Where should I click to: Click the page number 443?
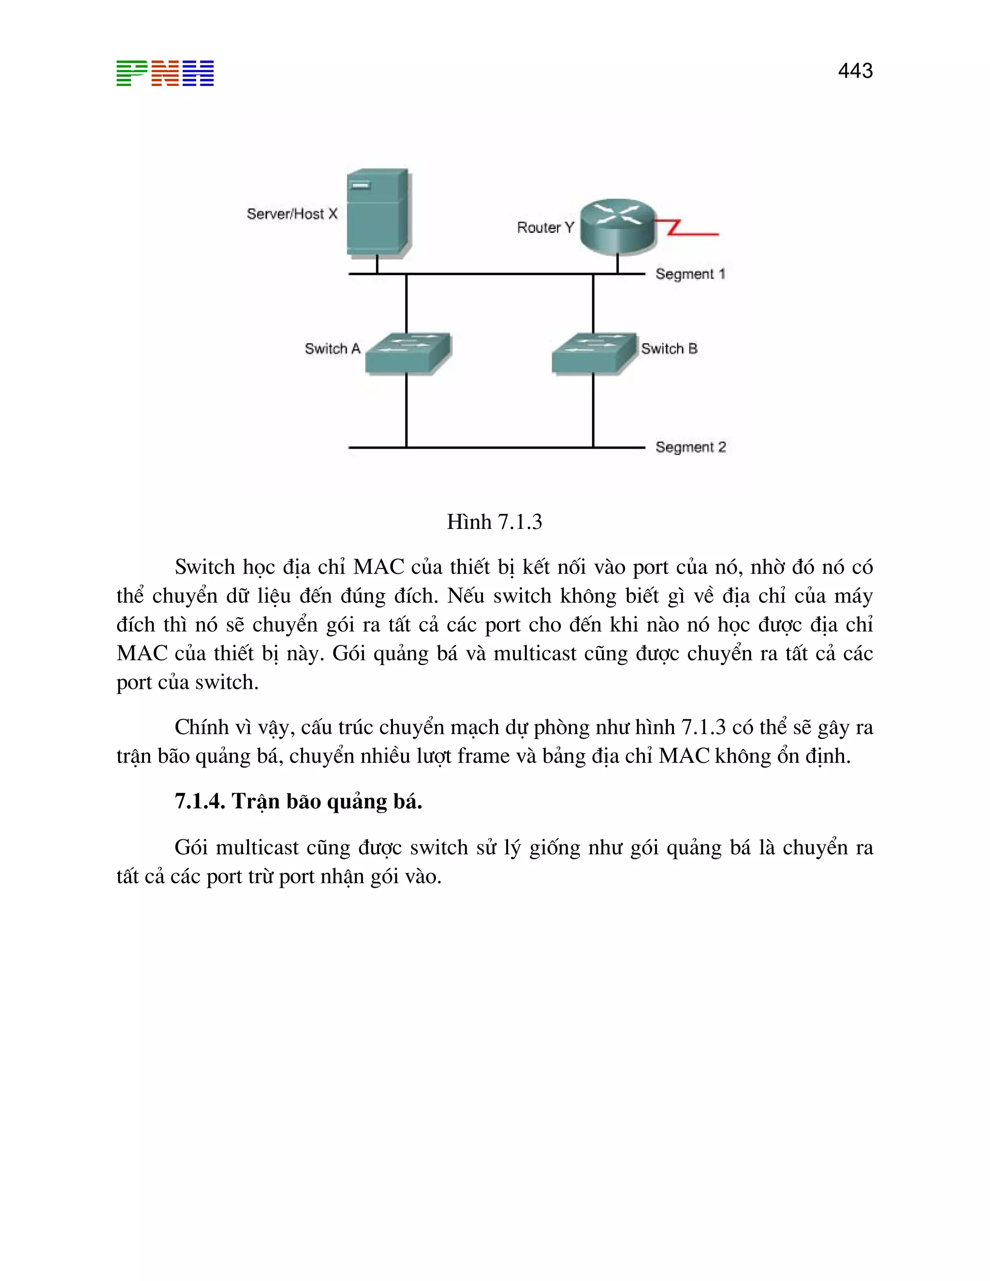(x=855, y=71)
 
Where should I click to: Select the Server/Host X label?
(x=291, y=214)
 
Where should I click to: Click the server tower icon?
(x=377, y=212)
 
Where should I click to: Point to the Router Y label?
(x=545, y=228)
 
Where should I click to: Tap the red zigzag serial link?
(x=690, y=228)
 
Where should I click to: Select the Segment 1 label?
(x=690, y=274)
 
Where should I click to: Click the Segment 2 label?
(x=690, y=448)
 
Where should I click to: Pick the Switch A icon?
(x=408, y=354)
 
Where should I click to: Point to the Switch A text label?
(x=332, y=349)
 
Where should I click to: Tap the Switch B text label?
(x=669, y=349)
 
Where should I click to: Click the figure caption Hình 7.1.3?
(x=495, y=522)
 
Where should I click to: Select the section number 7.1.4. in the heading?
(x=200, y=801)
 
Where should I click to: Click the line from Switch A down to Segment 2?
(x=407, y=410)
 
